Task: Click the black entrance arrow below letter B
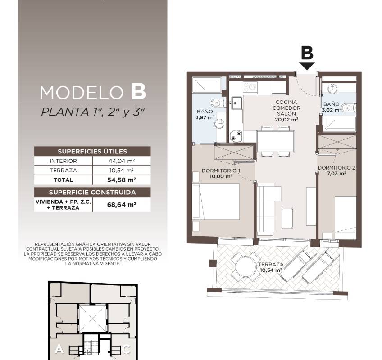pyautogui.click(x=307, y=66)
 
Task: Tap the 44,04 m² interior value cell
pyautogui.click(x=122, y=161)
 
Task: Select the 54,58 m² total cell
pyautogui.click(x=122, y=180)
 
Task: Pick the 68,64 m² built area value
pyautogui.click(x=122, y=204)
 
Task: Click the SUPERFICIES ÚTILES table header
pyautogui.click(x=92, y=151)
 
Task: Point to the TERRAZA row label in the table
pyautogui.click(x=64, y=171)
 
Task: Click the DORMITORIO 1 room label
pyautogui.click(x=221, y=171)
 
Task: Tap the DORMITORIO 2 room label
pyautogui.click(x=337, y=168)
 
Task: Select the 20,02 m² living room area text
pyautogui.click(x=286, y=120)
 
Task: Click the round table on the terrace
pyautogui.click(x=246, y=266)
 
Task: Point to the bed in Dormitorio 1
pyautogui.click(x=216, y=202)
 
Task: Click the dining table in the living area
pyautogui.click(x=276, y=141)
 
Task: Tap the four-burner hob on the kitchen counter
pyautogui.click(x=250, y=87)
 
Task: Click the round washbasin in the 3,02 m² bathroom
pyautogui.click(x=332, y=89)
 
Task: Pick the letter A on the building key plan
pyautogui.click(x=59, y=350)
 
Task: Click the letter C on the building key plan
pyautogui.click(x=126, y=350)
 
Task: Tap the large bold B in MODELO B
pyautogui.click(x=139, y=92)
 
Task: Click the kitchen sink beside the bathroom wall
pyautogui.click(x=236, y=103)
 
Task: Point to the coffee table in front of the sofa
pyautogui.click(x=288, y=218)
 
